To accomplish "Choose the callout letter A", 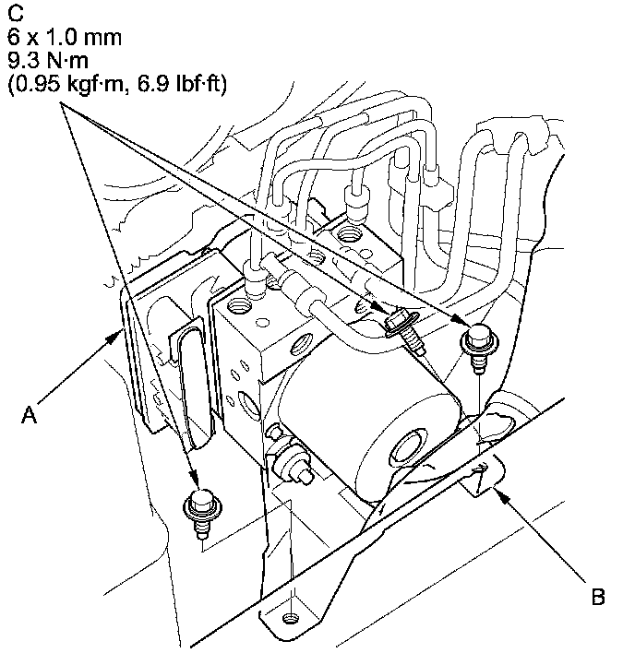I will pos(30,416).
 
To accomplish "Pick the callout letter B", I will pos(597,598).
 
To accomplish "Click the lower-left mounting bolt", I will pos(198,505).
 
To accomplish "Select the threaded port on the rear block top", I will pos(351,234).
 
